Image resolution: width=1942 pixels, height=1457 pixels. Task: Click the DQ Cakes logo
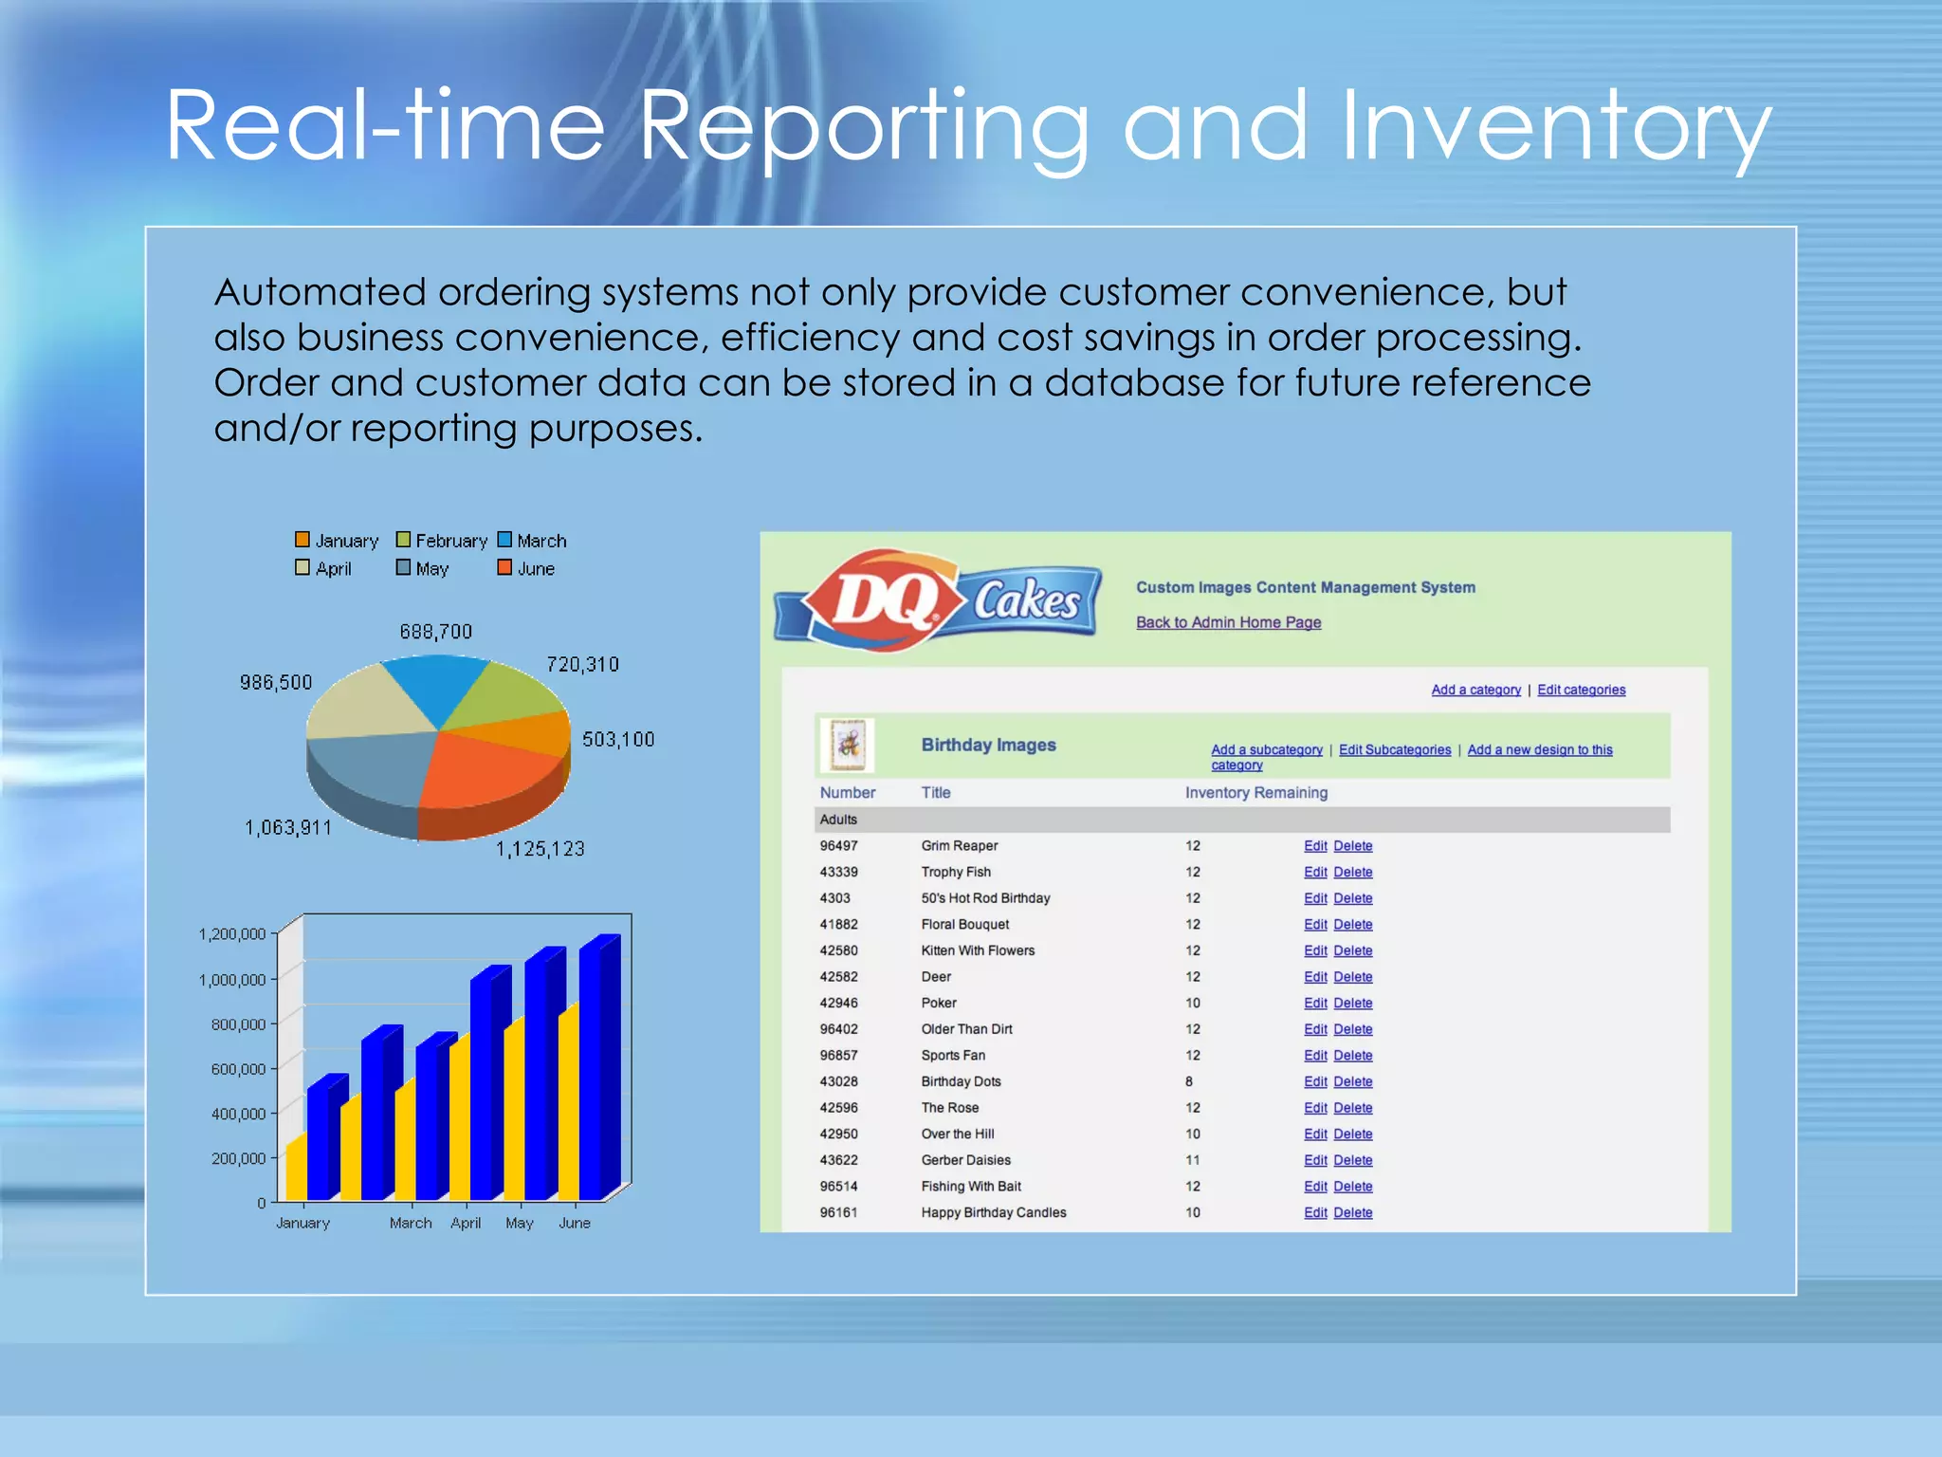click(x=937, y=599)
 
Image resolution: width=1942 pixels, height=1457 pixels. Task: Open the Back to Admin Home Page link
click(x=1228, y=622)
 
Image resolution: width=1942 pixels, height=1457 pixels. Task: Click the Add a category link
click(x=1475, y=690)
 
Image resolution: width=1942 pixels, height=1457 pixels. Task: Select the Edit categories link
click(x=1581, y=690)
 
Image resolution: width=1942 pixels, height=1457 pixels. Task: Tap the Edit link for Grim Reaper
click(x=1314, y=846)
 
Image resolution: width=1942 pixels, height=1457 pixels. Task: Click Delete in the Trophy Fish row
click(x=1352, y=872)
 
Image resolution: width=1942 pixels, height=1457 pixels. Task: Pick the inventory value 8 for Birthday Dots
click(x=1188, y=1081)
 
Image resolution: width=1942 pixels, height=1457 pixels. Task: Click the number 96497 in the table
click(x=838, y=846)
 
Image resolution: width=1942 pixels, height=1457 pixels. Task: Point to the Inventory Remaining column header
click(x=1255, y=793)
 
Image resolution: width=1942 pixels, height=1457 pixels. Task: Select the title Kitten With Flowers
click(x=978, y=950)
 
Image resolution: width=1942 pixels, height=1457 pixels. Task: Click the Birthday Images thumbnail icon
click(x=847, y=745)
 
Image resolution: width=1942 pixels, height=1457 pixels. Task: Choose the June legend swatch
click(x=504, y=568)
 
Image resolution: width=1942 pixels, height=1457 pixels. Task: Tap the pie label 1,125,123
click(x=540, y=849)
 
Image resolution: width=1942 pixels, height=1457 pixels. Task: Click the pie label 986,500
click(x=275, y=683)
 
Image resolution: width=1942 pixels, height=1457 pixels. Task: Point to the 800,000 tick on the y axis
click(x=238, y=1024)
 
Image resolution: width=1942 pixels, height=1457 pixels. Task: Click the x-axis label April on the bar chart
click(x=466, y=1224)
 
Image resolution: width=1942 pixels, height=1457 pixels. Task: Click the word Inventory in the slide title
click(x=1555, y=125)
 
